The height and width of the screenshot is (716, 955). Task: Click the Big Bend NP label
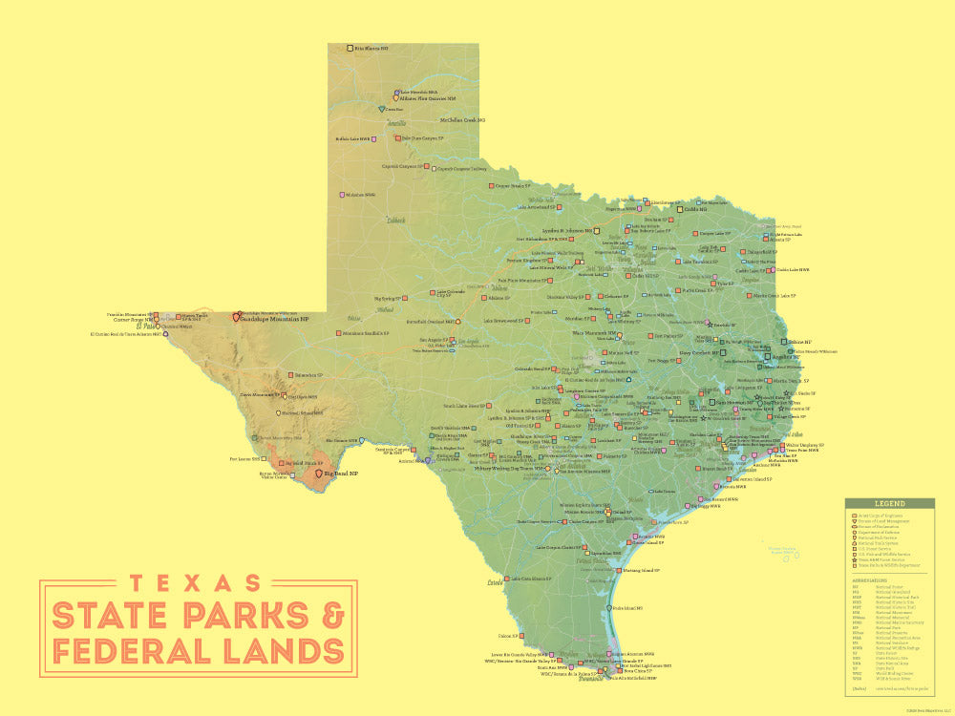[x=341, y=474]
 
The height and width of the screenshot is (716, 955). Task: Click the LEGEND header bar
[x=889, y=503]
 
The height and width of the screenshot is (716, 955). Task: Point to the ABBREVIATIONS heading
[x=869, y=579]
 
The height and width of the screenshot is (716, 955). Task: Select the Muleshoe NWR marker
[x=342, y=195]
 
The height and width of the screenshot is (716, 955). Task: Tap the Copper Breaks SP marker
[x=491, y=186]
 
